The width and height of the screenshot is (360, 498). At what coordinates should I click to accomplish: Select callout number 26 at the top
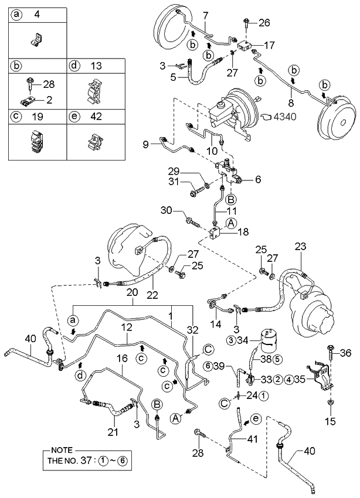click(x=264, y=23)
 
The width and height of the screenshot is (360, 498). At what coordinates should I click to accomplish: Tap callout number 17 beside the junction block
click(x=269, y=45)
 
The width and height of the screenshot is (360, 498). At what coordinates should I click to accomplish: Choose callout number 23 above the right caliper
click(x=301, y=247)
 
